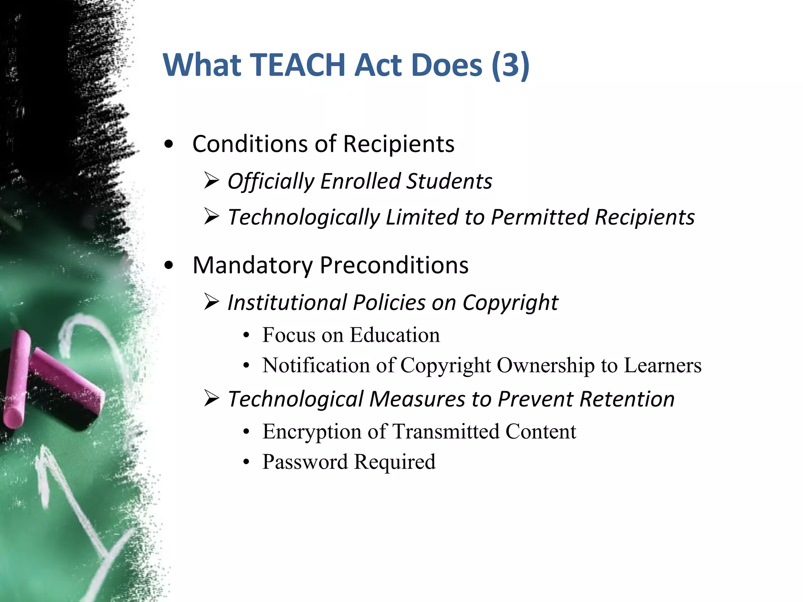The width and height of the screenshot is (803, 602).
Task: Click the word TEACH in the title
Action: click(x=297, y=65)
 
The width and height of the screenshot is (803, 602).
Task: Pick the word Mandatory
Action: click(x=253, y=265)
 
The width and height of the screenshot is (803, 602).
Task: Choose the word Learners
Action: click(x=662, y=365)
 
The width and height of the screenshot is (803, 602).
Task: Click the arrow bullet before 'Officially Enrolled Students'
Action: click(x=211, y=181)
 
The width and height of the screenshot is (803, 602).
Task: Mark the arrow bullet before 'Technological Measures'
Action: click(x=211, y=399)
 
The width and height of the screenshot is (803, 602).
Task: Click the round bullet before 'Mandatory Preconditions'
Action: click(x=169, y=266)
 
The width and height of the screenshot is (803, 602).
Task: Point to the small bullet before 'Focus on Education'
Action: click(x=246, y=335)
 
